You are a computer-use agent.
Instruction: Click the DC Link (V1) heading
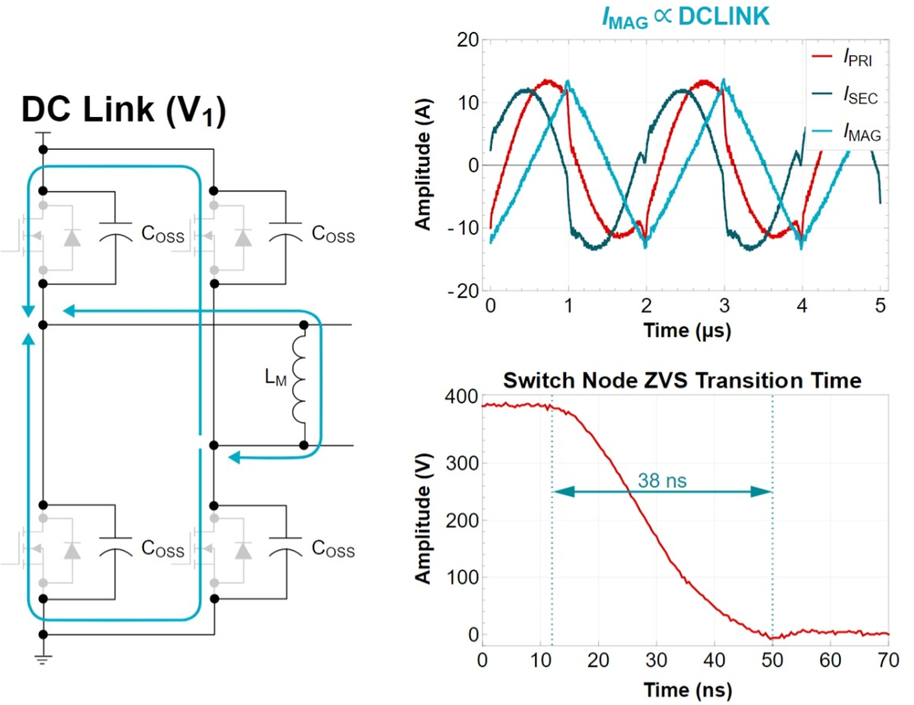[x=123, y=110]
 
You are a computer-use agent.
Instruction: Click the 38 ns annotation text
[x=662, y=481]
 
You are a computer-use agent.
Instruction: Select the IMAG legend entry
[x=846, y=133]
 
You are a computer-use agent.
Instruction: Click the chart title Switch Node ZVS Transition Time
[x=682, y=380]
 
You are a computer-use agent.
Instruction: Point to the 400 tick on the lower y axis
[x=461, y=397]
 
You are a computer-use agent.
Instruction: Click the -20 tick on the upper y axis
[x=463, y=291]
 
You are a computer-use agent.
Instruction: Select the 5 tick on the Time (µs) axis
[x=880, y=305]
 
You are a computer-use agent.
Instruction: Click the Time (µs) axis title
[x=687, y=330]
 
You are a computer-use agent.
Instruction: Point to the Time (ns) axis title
[x=687, y=689]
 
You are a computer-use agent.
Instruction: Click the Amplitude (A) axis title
[x=423, y=164]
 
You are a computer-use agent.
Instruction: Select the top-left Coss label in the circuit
[x=163, y=234]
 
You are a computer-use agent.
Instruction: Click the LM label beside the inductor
[x=276, y=377]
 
